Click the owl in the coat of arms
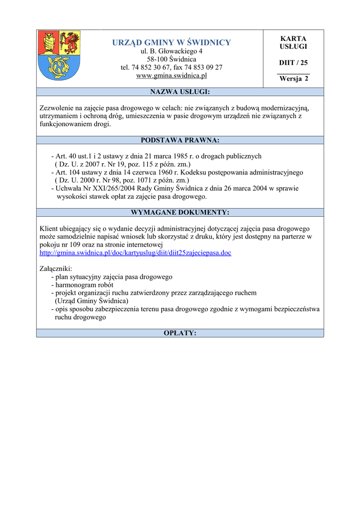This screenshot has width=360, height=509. tap(49, 42)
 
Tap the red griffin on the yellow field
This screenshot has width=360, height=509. tap(70, 43)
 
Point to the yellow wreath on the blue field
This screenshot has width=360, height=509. tap(59, 66)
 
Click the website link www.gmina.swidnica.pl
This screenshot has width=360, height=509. tap(172, 76)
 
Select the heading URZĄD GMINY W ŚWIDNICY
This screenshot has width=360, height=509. tap(172, 42)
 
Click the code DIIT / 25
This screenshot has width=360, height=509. tap(293, 63)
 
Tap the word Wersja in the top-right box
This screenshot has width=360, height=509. tap(290, 79)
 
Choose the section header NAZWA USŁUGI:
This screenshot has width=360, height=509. tap(180, 92)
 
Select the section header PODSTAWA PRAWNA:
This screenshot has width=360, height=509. tap(180, 140)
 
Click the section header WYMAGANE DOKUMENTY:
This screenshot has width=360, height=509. tap(180, 212)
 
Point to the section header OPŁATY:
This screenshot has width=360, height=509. tap(180, 333)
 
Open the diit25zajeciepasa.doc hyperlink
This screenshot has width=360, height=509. tap(135, 253)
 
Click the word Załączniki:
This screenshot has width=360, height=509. tap(56, 268)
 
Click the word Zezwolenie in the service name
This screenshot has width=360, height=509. tap(57, 108)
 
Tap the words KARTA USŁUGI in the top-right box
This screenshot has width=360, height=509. tap(293, 42)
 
